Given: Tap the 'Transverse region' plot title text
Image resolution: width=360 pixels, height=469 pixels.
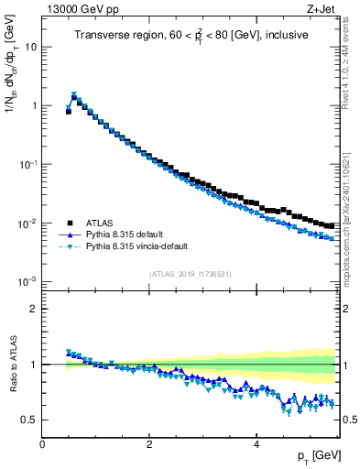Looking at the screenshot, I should (191, 37).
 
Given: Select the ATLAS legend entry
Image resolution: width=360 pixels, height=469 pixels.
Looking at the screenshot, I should (104, 223).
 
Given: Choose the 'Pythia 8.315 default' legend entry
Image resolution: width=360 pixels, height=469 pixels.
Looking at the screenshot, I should (131, 234).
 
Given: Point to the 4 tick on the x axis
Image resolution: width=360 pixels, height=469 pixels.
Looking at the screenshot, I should (256, 444).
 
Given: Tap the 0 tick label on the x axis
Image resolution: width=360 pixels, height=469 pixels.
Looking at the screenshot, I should (42, 444).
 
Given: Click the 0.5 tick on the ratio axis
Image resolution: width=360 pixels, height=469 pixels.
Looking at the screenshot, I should (30, 420).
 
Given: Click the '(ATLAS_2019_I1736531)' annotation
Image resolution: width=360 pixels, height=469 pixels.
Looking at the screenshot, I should (191, 274).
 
